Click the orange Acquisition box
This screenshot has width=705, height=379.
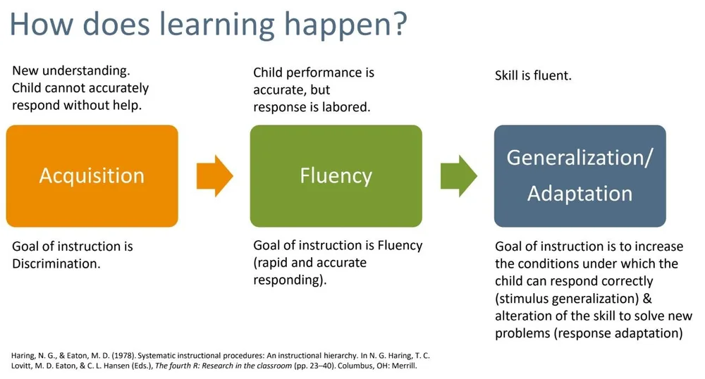click(92, 176)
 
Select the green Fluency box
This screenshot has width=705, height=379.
click(336, 176)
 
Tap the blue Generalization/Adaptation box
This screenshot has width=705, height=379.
click(580, 176)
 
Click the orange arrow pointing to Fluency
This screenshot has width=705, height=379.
click(214, 175)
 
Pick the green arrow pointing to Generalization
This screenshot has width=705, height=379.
click(458, 175)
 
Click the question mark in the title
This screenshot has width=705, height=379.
click(399, 24)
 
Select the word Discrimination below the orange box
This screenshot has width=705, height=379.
click(56, 264)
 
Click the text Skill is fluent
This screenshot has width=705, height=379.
click(533, 75)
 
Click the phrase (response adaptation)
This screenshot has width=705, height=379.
click(625, 333)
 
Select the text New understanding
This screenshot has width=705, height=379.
click(71, 72)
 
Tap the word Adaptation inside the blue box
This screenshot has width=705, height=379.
click(580, 193)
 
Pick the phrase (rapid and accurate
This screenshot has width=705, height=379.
click(310, 263)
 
